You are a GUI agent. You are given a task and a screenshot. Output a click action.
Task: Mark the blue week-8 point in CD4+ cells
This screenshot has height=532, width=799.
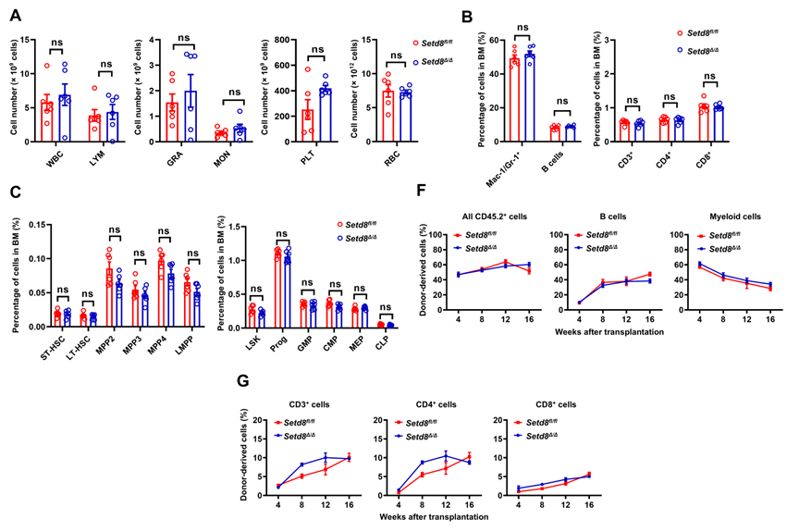coord(424,463)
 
